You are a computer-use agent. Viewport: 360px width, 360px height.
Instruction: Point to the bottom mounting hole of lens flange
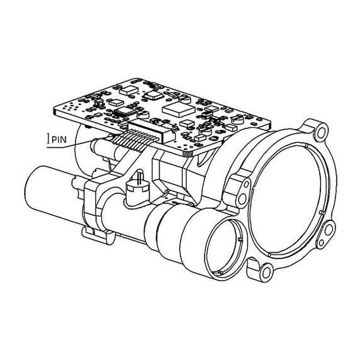click(266, 273)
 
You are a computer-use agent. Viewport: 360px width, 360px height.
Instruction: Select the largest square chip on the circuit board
click(176, 109)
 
